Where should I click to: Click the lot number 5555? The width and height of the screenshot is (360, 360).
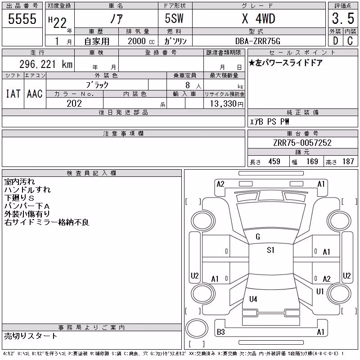coord(22,19)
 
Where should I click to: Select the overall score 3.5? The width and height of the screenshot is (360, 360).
coord(343,18)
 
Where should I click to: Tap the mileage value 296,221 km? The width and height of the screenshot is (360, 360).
coord(46,64)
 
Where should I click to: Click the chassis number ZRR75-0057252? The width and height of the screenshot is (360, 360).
coord(302,143)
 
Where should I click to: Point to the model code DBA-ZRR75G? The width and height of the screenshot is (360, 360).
coord(258,41)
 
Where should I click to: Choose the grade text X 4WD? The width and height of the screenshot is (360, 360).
coord(258,18)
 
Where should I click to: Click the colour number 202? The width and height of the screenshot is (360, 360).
coord(74,103)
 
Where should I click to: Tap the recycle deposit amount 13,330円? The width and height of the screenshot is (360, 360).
coord(227,104)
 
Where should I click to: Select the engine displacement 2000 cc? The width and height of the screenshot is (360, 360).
coord(141,41)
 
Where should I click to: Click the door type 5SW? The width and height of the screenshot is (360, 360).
coord(174,18)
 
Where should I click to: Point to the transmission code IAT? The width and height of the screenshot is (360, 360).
coord(13,94)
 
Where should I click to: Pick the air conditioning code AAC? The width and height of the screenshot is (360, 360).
coord(35,94)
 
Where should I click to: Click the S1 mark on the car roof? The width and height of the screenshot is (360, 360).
coord(271,250)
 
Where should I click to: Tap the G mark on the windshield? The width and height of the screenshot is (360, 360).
coord(258,237)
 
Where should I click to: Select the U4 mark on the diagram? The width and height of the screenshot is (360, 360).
coord(253,299)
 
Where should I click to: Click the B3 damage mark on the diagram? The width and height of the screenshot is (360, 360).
coord(221,332)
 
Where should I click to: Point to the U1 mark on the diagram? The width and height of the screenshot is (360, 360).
coord(320,292)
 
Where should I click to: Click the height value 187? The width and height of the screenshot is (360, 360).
coord(348,162)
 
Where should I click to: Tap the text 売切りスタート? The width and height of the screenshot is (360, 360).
coord(31,336)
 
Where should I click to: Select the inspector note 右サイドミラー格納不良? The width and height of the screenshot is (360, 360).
coord(47,222)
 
